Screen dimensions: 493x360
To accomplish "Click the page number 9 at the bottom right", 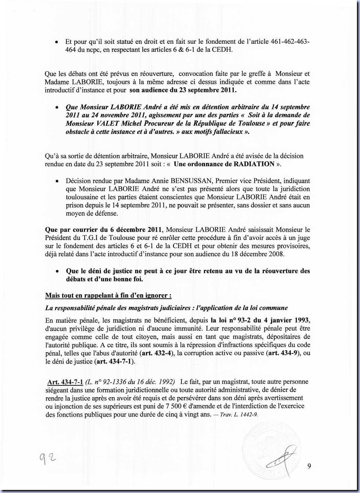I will pyautogui.click(x=309, y=466).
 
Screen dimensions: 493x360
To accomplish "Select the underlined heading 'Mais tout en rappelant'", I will pyautogui.click(x=108, y=295).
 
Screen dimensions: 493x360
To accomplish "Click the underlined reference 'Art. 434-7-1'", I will pyautogui.click(x=65, y=382).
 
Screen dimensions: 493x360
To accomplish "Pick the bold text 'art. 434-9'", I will pyautogui.click(x=283, y=353).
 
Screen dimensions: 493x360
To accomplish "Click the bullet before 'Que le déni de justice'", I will pyautogui.click(x=57, y=272).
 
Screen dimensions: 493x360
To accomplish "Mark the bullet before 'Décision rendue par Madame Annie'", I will pyautogui.click(x=57, y=182).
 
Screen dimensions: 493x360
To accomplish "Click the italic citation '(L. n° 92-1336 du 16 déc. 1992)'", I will pyautogui.click(x=130, y=382).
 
